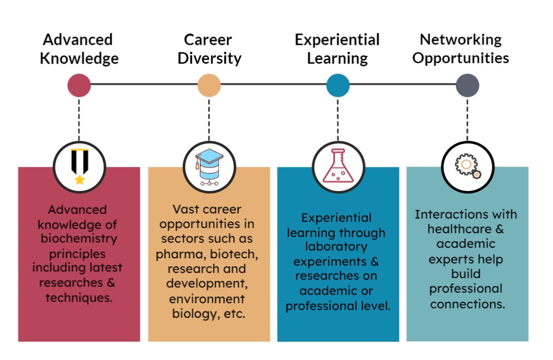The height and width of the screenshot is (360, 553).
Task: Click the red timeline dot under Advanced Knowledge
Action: point(79,86)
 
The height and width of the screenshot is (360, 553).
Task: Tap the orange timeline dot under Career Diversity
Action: point(209,86)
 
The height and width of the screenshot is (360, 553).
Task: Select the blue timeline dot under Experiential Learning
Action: point(338,86)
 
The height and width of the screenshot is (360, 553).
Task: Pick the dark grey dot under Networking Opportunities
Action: point(467,86)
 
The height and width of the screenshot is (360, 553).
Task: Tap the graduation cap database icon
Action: point(210,167)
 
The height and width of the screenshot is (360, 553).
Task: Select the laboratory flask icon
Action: point(338,166)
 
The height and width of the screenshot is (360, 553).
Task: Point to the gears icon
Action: point(467,166)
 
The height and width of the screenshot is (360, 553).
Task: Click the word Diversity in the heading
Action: point(210,58)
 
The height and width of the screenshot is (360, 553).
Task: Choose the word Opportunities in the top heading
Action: point(461,58)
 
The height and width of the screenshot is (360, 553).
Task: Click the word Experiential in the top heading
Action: point(337,40)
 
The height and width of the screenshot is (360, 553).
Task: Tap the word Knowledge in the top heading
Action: point(79,58)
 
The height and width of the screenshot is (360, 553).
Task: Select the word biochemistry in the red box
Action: point(79,239)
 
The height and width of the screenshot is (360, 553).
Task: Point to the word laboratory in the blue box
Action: point(336,247)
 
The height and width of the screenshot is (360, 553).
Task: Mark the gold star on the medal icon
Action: point(80,179)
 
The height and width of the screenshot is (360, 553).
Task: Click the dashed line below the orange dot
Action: point(209,119)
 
